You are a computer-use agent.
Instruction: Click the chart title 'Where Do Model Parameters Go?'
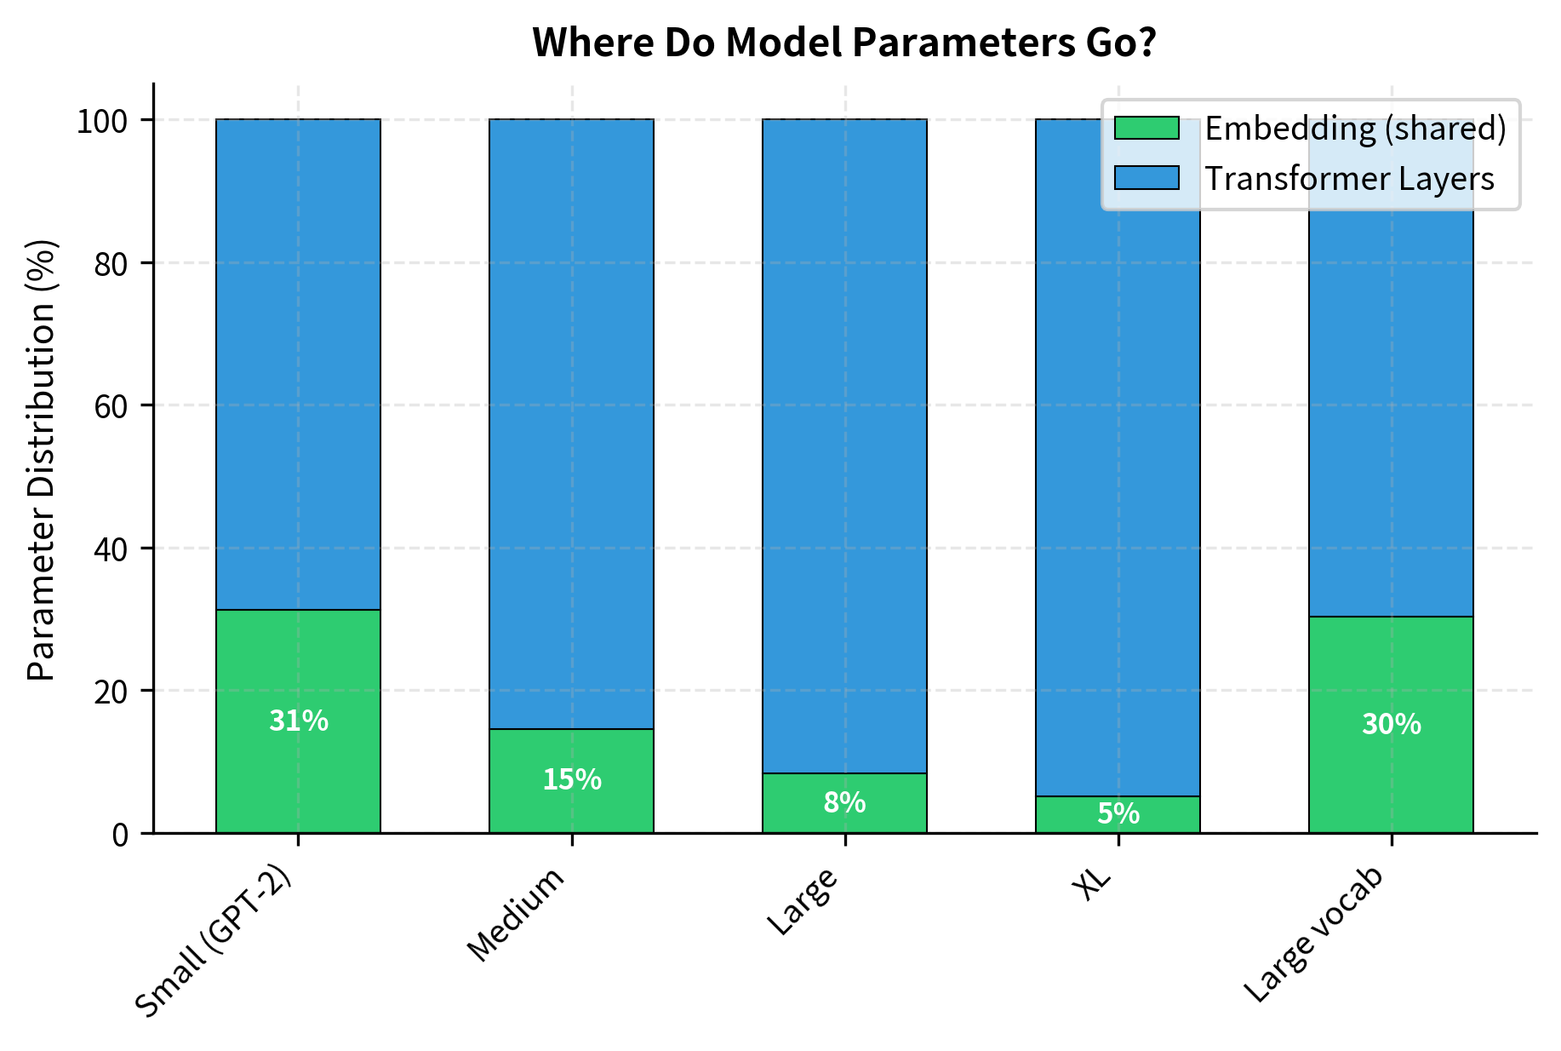click(843, 43)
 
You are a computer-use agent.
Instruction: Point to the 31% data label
click(298, 721)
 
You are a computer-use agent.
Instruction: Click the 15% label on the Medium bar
click(571, 779)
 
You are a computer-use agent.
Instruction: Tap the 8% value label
click(844, 802)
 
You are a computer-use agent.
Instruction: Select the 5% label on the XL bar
click(1118, 814)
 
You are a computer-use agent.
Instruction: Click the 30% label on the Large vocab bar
click(1391, 724)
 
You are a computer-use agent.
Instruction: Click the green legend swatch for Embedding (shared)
click(1146, 128)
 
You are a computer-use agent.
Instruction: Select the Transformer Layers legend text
click(1349, 179)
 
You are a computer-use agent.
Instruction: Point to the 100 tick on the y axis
click(102, 121)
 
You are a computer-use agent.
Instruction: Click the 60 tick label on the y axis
click(111, 405)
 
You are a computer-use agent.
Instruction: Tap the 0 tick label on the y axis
click(120, 834)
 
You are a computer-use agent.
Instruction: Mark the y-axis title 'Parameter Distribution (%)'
click(41, 460)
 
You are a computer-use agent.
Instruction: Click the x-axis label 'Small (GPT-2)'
click(215, 941)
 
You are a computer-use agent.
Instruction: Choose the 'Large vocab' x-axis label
click(1315, 935)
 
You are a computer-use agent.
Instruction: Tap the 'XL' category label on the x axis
click(1093, 886)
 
